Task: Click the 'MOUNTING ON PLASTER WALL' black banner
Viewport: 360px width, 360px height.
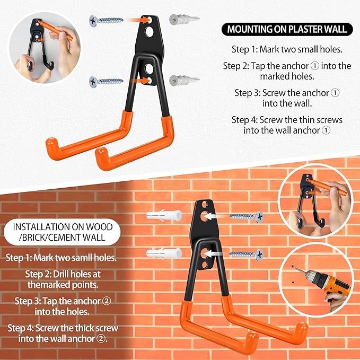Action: point(287,29)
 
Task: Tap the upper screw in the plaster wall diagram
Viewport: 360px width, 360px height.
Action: point(106,21)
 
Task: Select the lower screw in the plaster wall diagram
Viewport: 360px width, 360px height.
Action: point(106,82)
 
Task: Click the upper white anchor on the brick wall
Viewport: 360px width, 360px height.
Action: point(164,216)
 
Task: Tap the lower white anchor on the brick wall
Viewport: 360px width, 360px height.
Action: point(164,253)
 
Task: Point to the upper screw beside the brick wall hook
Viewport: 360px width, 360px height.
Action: point(247,217)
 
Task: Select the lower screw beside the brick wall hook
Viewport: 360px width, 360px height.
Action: point(247,254)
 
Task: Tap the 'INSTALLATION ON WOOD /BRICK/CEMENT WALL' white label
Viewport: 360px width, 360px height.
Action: point(62,232)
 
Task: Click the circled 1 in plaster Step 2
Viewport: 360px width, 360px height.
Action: point(314,66)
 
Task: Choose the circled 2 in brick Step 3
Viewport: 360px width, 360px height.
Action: point(106,301)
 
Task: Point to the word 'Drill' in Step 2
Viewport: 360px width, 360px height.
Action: point(60,274)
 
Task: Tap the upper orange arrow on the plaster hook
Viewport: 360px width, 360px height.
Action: point(139,21)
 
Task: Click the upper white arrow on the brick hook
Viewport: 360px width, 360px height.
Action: point(214,216)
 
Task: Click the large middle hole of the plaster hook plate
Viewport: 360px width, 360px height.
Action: point(149,32)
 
